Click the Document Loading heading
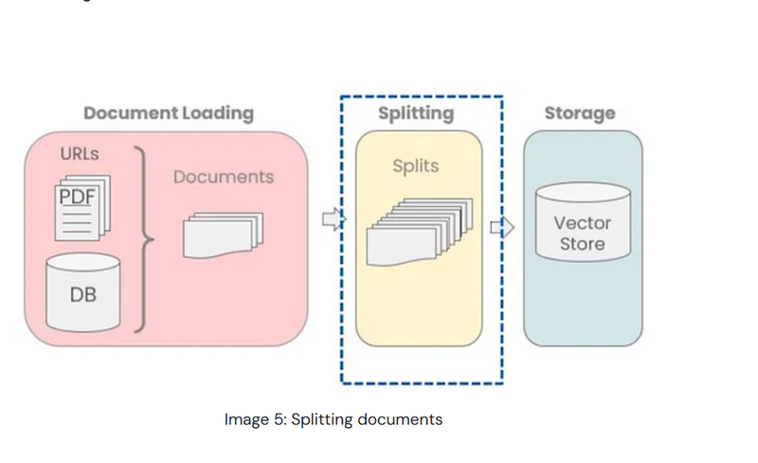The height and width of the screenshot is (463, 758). click(169, 113)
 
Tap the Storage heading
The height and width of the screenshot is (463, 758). click(579, 113)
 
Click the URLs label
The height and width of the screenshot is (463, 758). click(80, 155)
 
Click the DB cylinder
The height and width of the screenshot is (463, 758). click(83, 290)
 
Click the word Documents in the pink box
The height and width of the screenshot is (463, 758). click(224, 176)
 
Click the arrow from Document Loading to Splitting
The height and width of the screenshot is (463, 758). click(334, 220)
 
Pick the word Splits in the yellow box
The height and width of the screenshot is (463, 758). click(416, 166)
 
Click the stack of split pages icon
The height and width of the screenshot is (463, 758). click(417, 232)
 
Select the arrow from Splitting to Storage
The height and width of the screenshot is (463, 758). click(502, 228)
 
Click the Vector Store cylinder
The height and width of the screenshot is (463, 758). click(582, 232)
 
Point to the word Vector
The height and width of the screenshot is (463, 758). click(582, 224)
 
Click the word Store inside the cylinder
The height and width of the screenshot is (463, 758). click(582, 245)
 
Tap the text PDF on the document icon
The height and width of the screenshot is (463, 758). click(78, 197)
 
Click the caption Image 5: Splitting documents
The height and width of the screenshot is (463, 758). click(333, 418)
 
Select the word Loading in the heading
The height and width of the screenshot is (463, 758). click(215, 113)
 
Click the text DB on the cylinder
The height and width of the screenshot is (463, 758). click(83, 295)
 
